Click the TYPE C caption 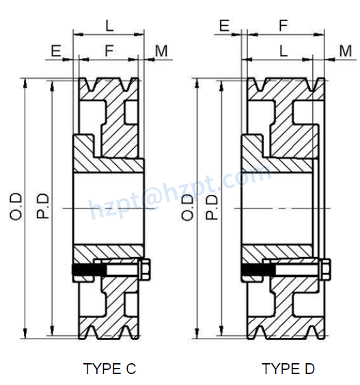point(109,369)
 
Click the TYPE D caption point(288,369)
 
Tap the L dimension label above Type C point(109,26)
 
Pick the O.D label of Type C point(16,207)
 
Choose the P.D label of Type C point(42,207)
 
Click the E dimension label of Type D point(223,26)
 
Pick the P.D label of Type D point(212,207)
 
